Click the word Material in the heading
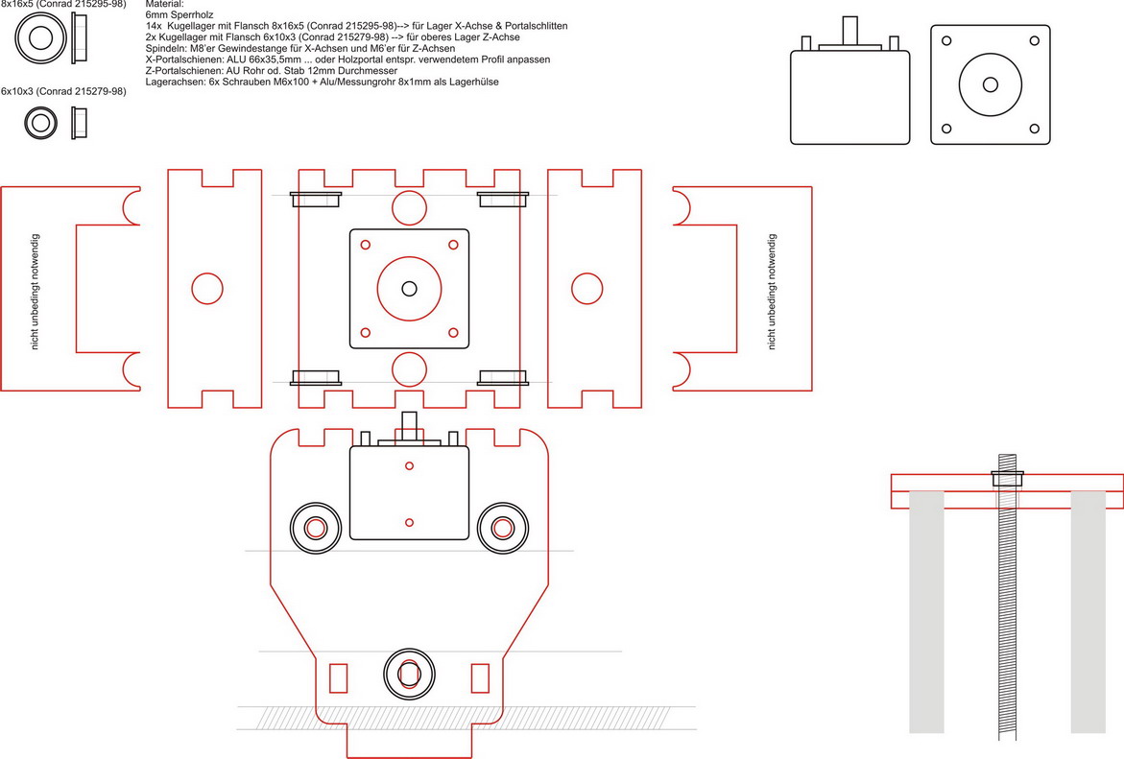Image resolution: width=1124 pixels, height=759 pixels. [x=163, y=5]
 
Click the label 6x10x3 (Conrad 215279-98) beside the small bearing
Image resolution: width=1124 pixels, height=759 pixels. [x=63, y=91]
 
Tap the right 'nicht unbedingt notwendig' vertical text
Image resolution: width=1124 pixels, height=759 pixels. [x=772, y=291]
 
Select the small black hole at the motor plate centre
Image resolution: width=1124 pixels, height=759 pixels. [x=410, y=288]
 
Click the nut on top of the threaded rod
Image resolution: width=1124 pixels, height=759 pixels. [x=1007, y=477]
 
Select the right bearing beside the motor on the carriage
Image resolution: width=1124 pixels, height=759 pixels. [x=502, y=528]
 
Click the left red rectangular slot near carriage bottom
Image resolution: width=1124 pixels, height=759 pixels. [x=338, y=677]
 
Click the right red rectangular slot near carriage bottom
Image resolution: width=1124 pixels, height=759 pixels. [x=480, y=677]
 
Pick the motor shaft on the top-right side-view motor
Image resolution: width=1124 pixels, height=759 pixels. [x=849, y=29]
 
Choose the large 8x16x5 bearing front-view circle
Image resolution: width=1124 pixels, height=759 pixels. [x=41, y=38]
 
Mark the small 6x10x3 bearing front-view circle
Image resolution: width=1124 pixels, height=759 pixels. [x=40, y=124]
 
